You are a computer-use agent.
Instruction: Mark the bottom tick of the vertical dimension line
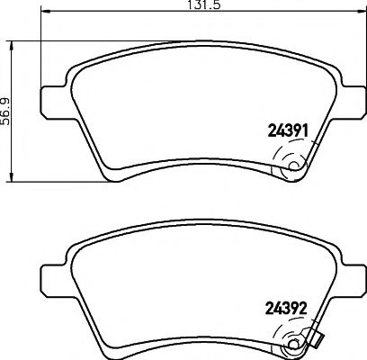(10, 176)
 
